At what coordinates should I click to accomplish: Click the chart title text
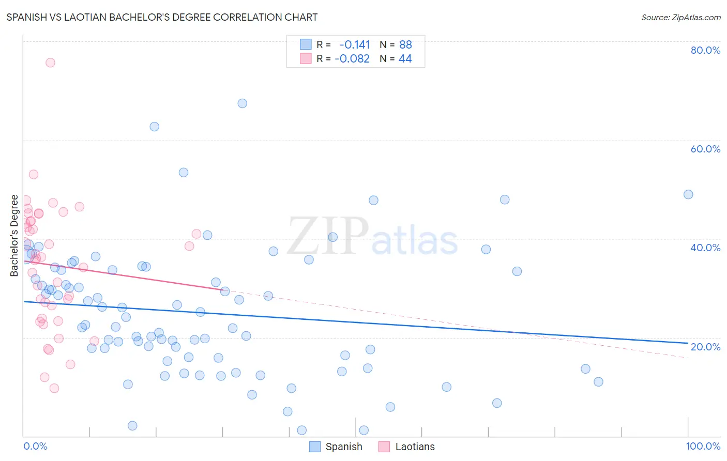click(x=162, y=17)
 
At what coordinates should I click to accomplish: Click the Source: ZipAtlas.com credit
click(x=680, y=18)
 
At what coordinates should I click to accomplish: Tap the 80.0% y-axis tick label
click(x=705, y=50)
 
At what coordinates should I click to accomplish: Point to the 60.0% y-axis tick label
click(x=705, y=149)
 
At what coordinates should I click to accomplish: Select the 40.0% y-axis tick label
click(x=705, y=248)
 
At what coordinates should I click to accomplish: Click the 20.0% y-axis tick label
click(x=705, y=347)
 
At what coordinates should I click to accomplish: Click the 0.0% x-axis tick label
click(x=35, y=446)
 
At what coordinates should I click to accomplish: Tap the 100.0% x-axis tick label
click(x=703, y=446)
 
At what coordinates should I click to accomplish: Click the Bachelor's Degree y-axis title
click(x=14, y=236)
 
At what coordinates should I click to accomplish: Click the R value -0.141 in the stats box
click(x=355, y=45)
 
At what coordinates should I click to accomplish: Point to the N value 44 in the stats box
click(x=405, y=59)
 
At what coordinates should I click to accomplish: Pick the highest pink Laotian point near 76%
click(x=50, y=63)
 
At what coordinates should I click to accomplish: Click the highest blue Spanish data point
click(x=242, y=103)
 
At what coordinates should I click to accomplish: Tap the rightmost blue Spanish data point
click(x=688, y=194)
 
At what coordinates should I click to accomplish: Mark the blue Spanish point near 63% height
click(x=154, y=127)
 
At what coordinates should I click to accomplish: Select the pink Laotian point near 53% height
click(x=34, y=174)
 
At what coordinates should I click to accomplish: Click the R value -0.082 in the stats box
click(x=352, y=59)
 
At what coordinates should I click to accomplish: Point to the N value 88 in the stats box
click(x=405, y=45)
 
